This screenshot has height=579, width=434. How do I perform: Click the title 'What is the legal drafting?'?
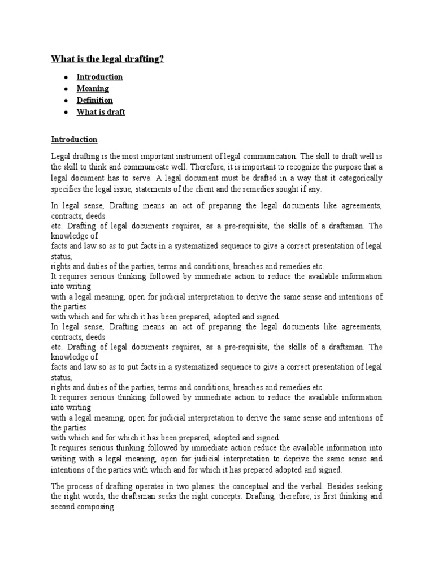coord(107,59)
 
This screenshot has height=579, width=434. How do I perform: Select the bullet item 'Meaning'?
coord(93,89)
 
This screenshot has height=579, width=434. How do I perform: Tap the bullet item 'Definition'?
coord(94,101)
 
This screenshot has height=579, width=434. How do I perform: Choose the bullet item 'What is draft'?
coord(101,112)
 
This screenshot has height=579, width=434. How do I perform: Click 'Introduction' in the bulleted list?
coord(99,77)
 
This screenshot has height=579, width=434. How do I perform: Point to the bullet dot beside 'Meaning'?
coord(66,89)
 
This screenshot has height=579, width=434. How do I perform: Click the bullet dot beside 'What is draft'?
coord(66,112)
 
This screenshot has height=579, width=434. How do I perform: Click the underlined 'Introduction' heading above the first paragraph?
coord(74,139)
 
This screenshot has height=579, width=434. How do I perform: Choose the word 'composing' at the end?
coord(97,507)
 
